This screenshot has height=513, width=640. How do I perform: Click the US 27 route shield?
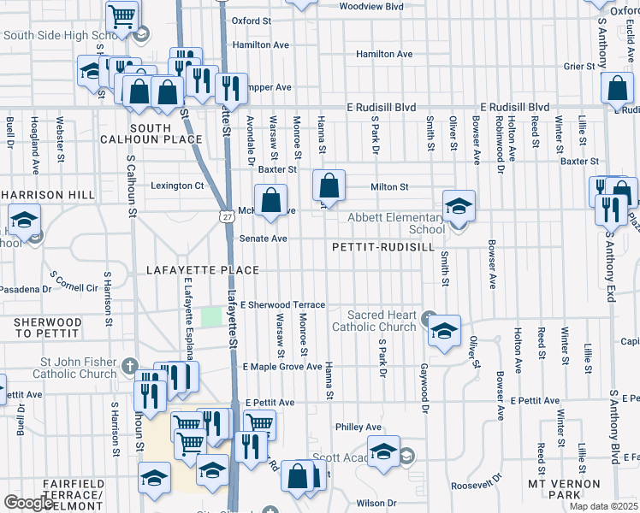[223, 218]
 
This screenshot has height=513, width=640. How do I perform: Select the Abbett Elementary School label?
[395, 223]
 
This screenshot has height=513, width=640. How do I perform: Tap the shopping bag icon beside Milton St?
[329, 185]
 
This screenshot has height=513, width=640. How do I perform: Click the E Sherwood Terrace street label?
[283, 304]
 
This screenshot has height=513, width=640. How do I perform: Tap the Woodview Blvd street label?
[371, 6]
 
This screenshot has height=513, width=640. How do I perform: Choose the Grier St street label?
[578, 65]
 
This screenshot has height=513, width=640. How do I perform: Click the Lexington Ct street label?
[180, 186]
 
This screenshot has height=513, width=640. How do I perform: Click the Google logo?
[29, 503]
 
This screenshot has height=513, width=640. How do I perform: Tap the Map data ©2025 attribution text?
[602, 506]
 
